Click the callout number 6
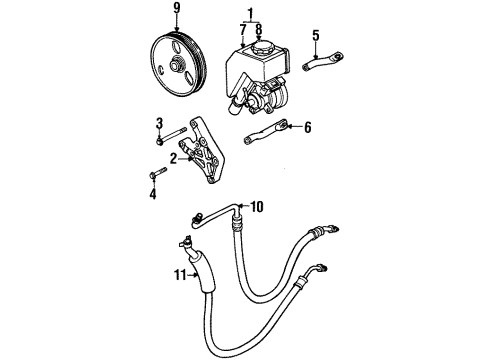(x=308, y=127)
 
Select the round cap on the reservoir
(x=268, y=46)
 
